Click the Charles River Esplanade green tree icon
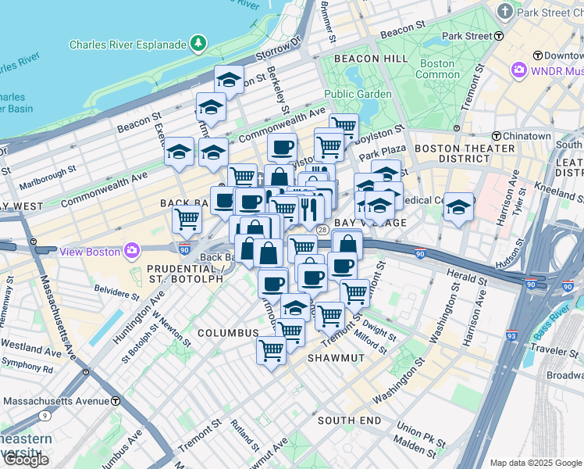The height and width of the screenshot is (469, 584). click(x=200, y=43)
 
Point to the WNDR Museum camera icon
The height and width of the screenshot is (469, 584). click(x=518, y=71)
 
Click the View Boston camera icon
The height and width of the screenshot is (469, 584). click(x=131, y=251)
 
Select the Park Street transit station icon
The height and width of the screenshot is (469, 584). click(x=497, y=36)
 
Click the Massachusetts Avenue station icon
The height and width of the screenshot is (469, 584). click(x=116, y=401)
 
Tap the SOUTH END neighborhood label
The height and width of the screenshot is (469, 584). click(x=349, y=421)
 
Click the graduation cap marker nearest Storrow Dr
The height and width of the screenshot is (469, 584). click(x=229, y=81)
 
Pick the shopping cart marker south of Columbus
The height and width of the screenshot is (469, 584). click(x=271, y=352)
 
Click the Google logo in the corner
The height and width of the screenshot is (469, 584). click(x=27, y=460)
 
